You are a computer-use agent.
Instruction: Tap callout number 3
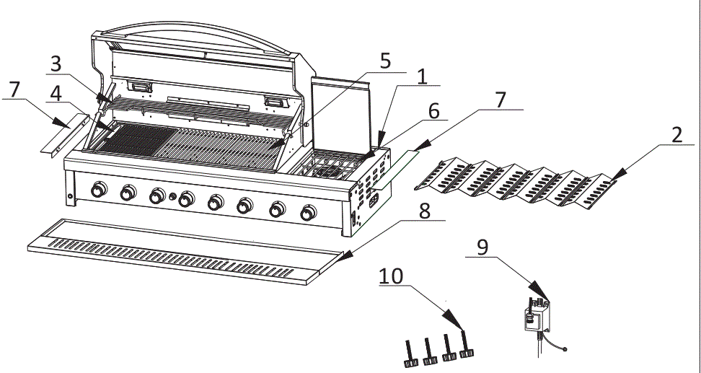click(x=55, y=64)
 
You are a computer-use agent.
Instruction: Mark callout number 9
click(x=482, y=247)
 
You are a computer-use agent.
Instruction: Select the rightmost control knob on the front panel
click(x=309, y=213)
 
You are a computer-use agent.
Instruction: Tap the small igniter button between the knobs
click(x=173, y=197)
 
